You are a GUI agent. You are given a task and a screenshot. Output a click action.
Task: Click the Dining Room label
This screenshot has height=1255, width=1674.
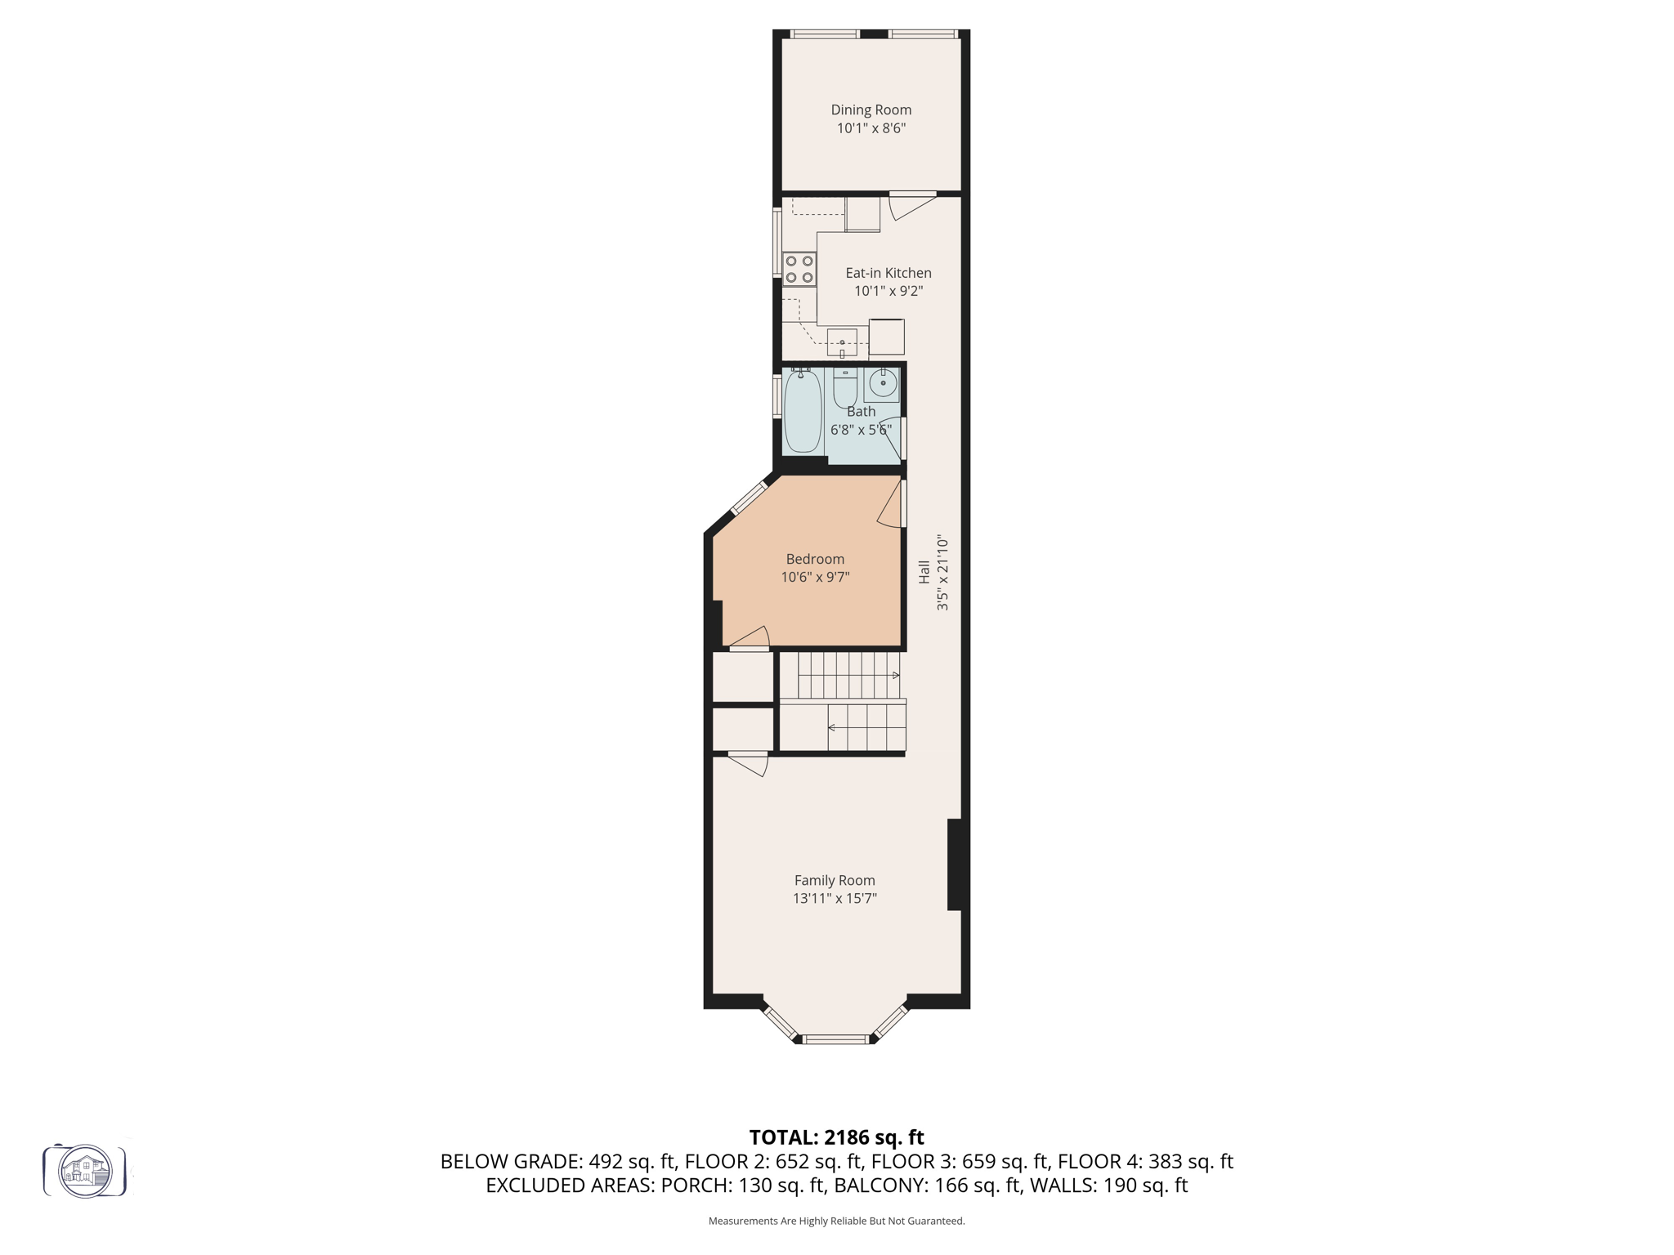click(x=871, y=109)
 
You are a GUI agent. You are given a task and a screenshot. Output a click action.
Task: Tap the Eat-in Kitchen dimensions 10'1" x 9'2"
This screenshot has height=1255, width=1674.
click(x=888, y=291)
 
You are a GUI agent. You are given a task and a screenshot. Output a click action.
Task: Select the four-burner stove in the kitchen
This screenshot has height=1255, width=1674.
click(x=799, y=270)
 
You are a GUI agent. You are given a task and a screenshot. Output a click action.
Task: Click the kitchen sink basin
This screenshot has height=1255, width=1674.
click(x=842, y=342)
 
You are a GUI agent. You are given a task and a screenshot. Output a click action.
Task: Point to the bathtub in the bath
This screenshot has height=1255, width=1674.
click(x=802, y=411)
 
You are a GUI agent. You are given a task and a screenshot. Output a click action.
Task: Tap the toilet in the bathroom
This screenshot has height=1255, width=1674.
click(x=844, y=387)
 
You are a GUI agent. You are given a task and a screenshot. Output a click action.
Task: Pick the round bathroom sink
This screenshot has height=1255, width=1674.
click(x=882, y=382)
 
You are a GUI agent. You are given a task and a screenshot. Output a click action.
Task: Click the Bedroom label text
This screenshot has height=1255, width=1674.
click(x=815, y=559)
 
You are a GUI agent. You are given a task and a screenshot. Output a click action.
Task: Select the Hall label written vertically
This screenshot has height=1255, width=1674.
click(x=924, y=572)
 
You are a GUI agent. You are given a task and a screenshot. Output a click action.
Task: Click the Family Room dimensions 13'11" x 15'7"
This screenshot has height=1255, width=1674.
click(x=835, y=898)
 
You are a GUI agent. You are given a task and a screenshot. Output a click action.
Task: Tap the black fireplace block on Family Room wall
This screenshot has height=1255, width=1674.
click(x=954, y=864)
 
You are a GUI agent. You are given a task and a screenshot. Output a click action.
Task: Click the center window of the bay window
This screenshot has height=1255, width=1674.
click(x=835, y=1039)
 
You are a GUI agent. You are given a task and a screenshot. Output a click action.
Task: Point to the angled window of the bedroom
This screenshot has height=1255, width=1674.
click(x=748, y=498)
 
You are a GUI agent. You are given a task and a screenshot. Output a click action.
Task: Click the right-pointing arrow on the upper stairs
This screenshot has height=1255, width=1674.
click(x=895, y=675)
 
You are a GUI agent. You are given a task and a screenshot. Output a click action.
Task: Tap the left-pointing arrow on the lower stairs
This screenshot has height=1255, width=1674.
click(x=832, y=727)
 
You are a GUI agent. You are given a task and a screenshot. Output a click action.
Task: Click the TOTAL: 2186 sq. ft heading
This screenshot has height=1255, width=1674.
click(x=836, y=1137)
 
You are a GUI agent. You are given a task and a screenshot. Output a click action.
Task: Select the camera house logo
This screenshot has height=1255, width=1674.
click(x=85, y=1171)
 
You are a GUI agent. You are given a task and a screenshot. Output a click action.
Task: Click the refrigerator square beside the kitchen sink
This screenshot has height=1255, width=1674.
click(x=886, y=337)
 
